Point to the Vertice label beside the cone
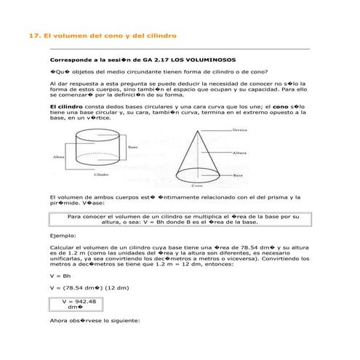point(241,130)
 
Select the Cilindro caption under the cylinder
point(101,175)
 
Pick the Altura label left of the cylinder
point(59,156)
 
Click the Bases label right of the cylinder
point(134,146)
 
